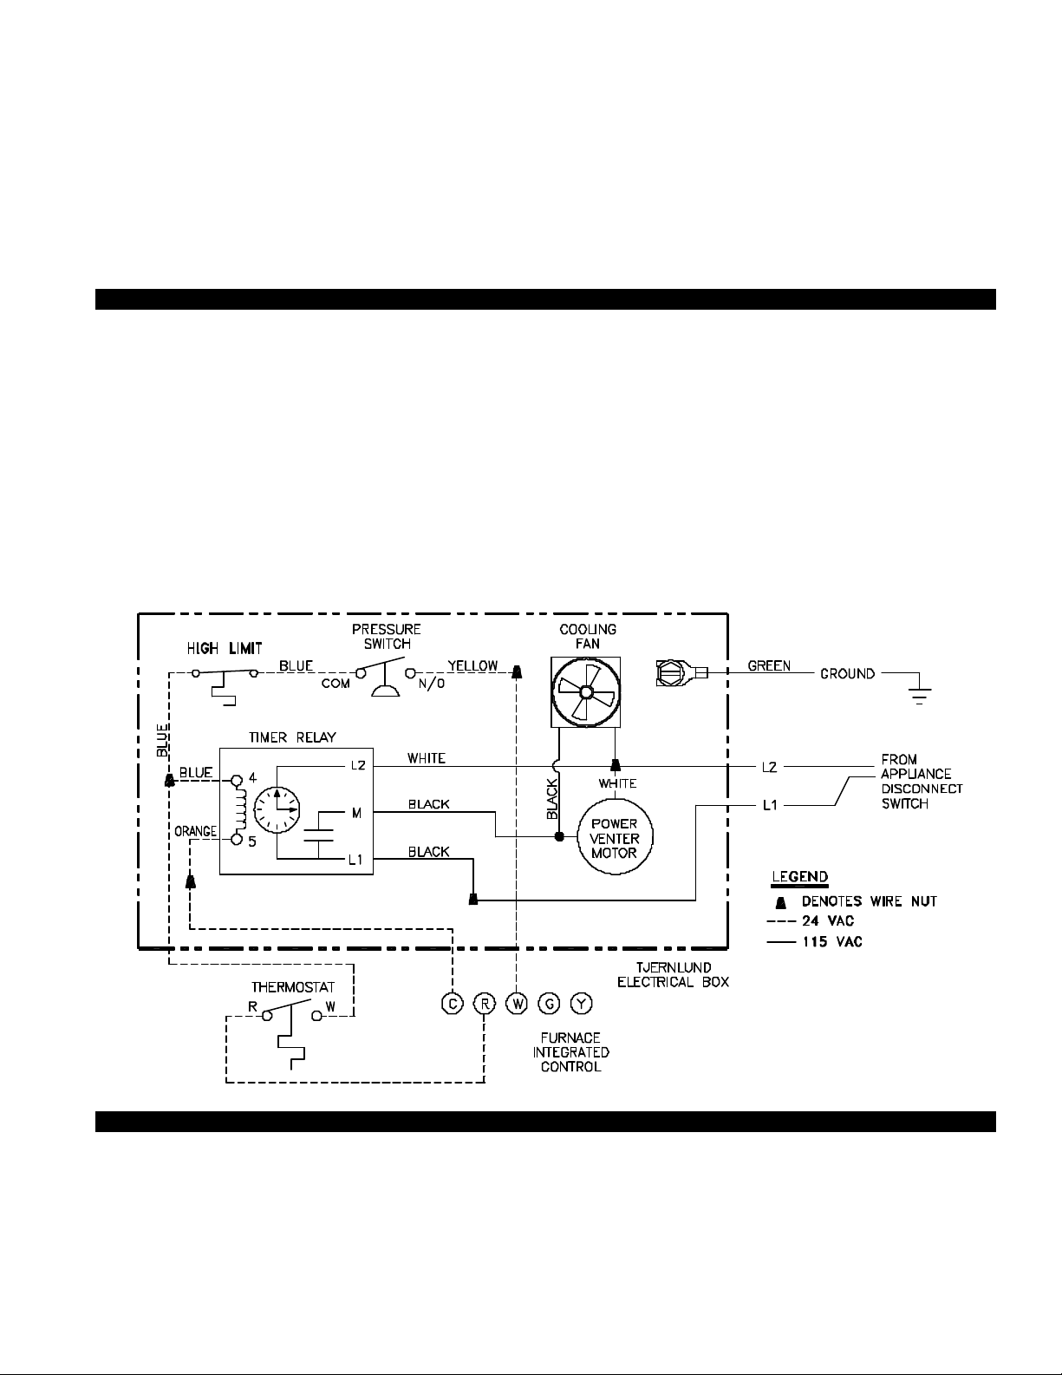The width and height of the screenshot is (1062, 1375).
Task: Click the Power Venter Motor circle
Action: point(615,838)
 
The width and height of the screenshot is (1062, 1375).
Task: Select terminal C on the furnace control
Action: point(452,1004)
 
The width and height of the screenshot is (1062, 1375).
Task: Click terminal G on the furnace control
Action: point(549,1004)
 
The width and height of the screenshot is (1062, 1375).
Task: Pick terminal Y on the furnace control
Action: point(582,1004)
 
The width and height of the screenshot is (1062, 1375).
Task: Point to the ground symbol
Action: point(920,691)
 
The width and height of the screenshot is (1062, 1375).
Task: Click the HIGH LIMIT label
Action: point(224,648)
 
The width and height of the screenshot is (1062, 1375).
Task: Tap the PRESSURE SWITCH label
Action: point(387,636)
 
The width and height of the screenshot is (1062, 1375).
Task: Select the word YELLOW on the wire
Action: point(472,665)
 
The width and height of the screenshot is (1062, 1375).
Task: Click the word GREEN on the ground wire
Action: point(769,665)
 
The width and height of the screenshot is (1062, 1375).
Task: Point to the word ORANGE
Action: point(195,831)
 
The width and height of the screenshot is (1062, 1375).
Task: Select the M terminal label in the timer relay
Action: point(356,813)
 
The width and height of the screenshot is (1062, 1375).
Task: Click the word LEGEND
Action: point(799,876)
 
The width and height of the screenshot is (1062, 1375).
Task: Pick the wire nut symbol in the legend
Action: point(780,902)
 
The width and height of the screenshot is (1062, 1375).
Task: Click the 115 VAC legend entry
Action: point(832,941)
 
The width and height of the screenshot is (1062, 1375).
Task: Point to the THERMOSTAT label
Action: point(293,987)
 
